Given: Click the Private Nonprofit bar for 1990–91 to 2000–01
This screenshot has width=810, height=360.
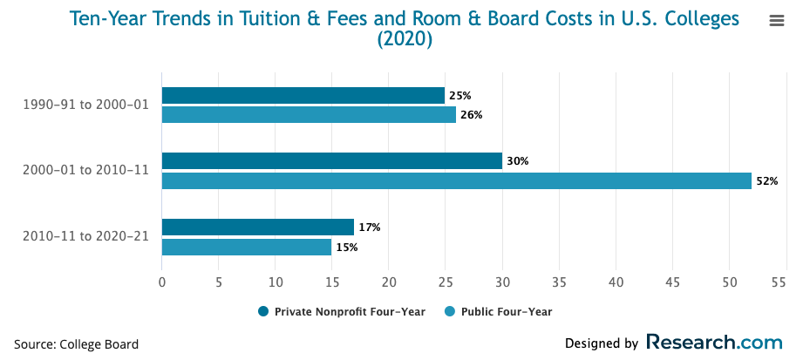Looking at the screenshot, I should tap(303, 96).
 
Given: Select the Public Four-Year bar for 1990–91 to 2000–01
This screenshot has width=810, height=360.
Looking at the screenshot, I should tap(309, 115).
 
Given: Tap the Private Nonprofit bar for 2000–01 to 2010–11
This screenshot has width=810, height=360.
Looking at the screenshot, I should tap(332, 161).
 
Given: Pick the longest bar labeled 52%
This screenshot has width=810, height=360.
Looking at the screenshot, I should tap(456, 181).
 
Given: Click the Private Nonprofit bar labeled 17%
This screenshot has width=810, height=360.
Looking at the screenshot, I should tap(258, 228).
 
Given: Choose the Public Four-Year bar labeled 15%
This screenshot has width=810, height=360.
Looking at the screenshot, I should tap(247, 248).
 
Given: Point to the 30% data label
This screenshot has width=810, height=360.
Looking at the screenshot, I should tap(518, 161).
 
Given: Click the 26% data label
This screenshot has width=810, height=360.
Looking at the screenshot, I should tap(472, 115).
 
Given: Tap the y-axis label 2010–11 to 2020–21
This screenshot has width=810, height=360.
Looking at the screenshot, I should tap(85, 237).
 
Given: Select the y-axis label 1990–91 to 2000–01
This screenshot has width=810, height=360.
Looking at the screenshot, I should tap(85, 105).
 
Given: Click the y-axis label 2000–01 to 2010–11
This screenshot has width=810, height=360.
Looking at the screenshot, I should tap(85, 171).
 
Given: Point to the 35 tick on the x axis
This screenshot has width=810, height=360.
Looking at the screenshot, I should tap(559, 282).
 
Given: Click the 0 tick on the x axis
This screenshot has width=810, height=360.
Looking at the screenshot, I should tap(162, 282).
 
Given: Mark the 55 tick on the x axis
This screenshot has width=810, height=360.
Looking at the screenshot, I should tap(779, 282).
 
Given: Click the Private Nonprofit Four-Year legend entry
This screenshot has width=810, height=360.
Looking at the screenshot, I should tap(342, 311).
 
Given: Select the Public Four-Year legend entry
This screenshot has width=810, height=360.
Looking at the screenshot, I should tap(499, 311).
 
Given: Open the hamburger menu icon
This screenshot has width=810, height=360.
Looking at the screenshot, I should tap(777, 21).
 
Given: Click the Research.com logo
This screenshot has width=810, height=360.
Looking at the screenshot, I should tap(714, 343).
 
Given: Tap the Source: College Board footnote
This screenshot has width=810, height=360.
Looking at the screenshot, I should tap(77, 344).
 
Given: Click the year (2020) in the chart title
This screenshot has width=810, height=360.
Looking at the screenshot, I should tap(405, 39).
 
